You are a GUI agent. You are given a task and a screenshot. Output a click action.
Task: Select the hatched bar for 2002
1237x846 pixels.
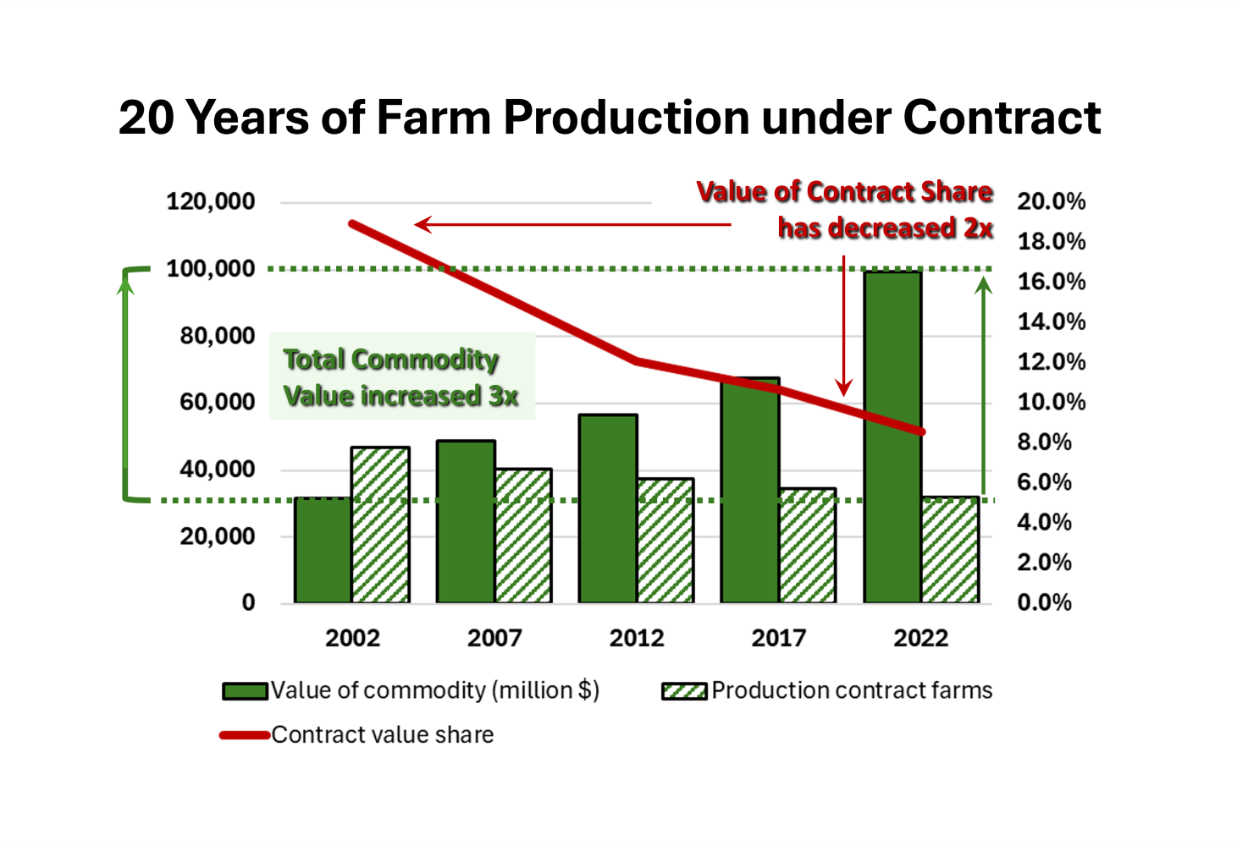[x=380, y=525]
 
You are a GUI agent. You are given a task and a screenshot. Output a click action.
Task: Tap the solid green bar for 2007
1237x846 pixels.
[x=466, y=521]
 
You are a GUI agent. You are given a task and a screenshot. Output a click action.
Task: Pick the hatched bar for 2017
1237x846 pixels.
[x=807, y=546]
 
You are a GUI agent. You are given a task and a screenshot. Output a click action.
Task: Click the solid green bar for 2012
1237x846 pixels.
[x=608, y=508]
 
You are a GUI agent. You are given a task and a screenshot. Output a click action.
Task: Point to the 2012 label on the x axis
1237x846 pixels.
[x=637, y=638]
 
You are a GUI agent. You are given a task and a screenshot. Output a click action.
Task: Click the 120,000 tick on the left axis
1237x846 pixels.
[x=211, y=202]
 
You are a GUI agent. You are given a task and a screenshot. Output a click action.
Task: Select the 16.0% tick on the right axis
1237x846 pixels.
[x=1051, y=282]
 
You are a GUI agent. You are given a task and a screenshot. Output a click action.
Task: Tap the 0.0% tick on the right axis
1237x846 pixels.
[x=1044, y=602]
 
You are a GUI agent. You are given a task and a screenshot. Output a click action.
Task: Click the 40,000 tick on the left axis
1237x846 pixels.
[x=217, y=470]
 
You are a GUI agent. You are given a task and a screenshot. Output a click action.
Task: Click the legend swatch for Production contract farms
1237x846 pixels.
[x=684, y=691]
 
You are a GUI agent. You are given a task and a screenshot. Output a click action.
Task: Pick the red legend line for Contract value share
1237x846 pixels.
[x=245, y=735]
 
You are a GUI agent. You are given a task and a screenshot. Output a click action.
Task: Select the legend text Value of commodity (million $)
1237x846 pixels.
[x=435, y=690]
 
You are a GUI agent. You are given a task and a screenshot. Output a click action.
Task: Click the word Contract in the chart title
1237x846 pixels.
[x=1002, y=117]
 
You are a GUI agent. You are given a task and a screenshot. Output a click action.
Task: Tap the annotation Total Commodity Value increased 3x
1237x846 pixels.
[x=400, y=377]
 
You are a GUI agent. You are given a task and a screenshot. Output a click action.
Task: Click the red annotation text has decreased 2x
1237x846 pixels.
[x=885, y=228]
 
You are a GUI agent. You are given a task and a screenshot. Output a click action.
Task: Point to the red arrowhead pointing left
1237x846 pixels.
[x=422, y=224]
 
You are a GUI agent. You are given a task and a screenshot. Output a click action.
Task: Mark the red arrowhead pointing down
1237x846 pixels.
[x=843, y=388]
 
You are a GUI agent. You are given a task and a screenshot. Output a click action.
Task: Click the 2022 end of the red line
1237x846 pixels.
[x=921, y=431]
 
